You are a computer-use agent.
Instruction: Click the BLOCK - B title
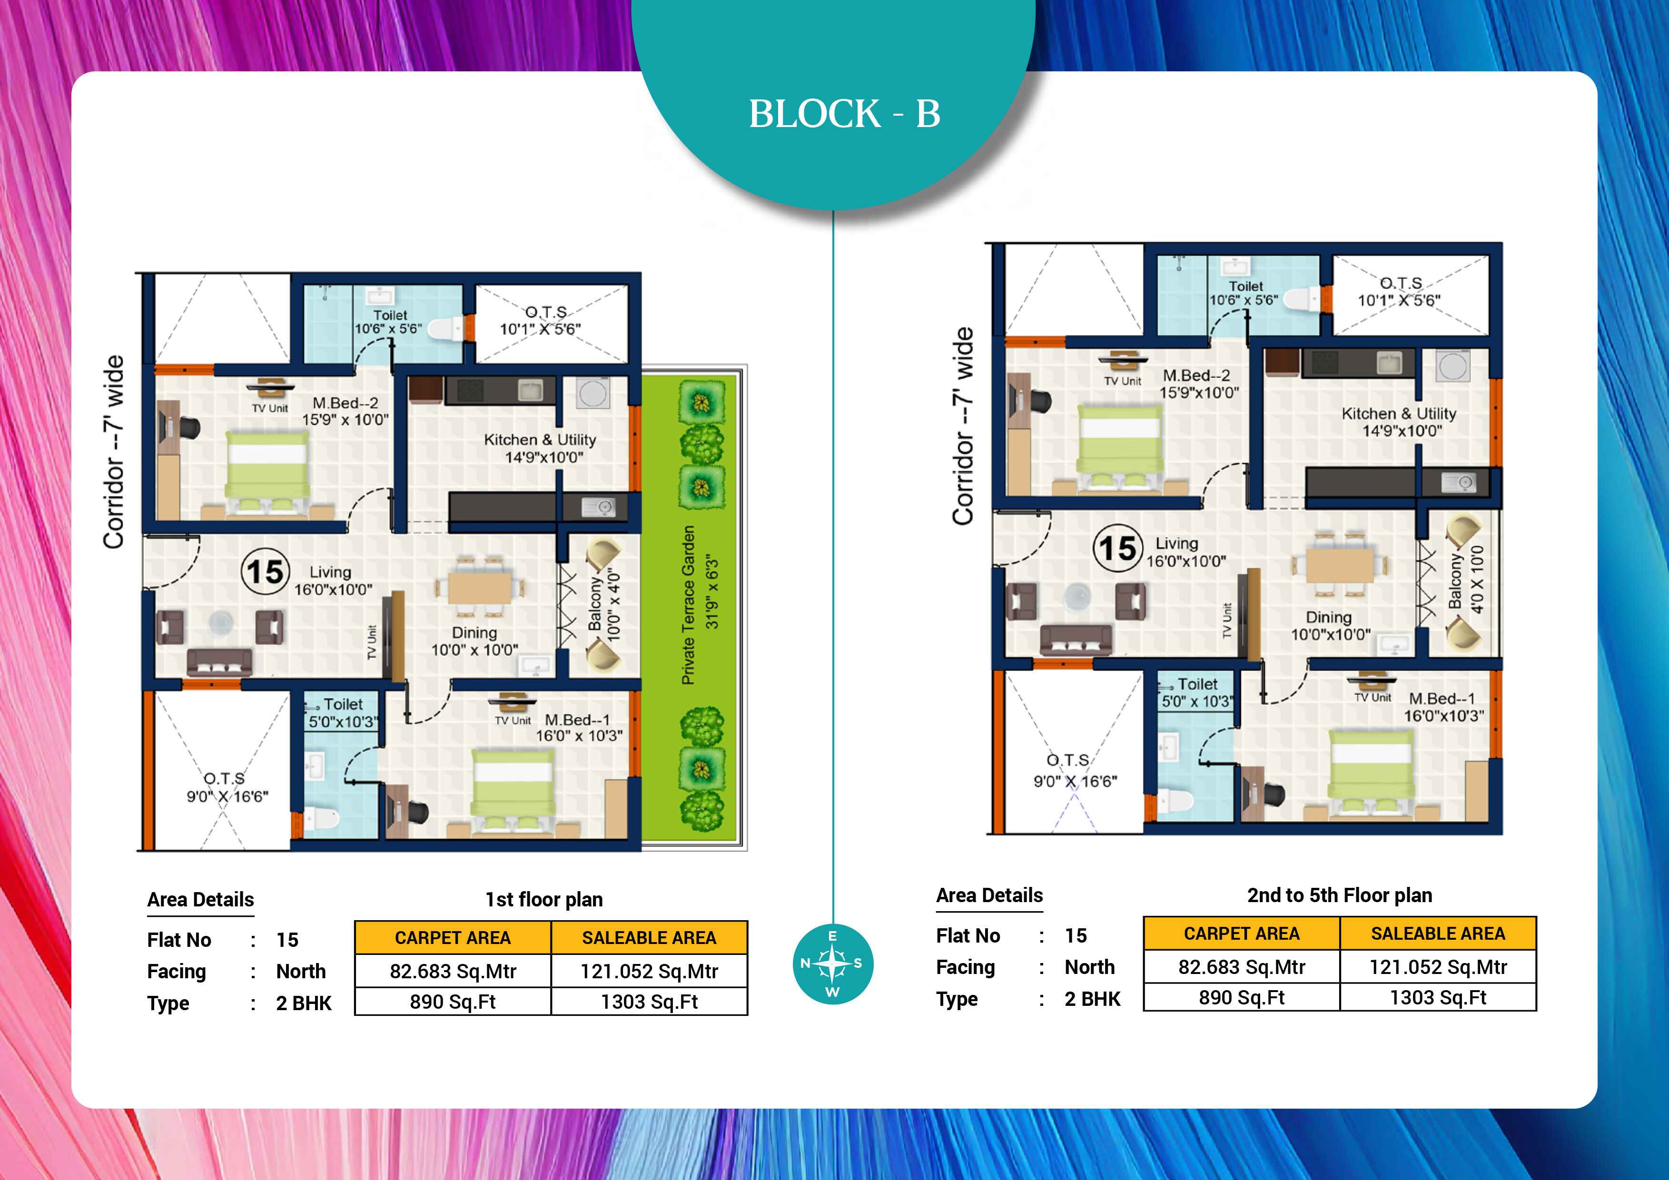[845, 114]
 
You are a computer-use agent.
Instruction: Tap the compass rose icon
[832, 964]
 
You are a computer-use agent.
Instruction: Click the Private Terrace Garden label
[688, 605]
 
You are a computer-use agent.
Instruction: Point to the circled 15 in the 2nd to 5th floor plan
[1118, 548]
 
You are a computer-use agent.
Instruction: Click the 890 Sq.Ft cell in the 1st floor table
[453, 1002]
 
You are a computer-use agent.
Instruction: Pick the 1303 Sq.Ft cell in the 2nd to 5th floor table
[1438, 998]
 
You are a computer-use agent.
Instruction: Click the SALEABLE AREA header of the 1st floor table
[649, 938]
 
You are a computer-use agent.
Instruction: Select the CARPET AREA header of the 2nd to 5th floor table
[1242, 934]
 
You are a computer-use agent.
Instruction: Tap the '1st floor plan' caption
[544, 900]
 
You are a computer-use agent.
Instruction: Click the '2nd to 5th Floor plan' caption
[1340, 895]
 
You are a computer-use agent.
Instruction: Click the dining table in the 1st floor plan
[479, 588]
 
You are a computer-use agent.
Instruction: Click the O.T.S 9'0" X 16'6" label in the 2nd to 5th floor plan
[1075, 770]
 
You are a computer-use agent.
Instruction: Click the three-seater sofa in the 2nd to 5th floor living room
[1076, 639]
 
